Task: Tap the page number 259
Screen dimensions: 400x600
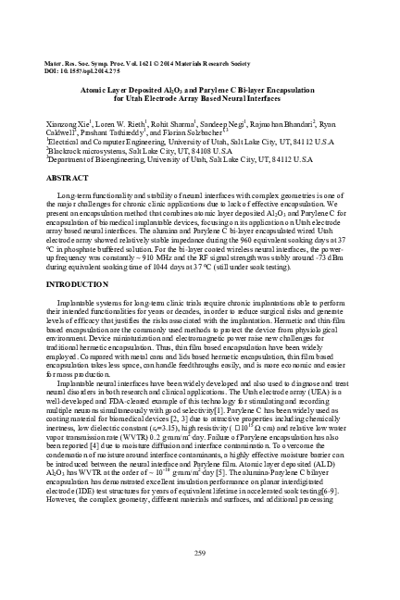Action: (200, 553)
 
